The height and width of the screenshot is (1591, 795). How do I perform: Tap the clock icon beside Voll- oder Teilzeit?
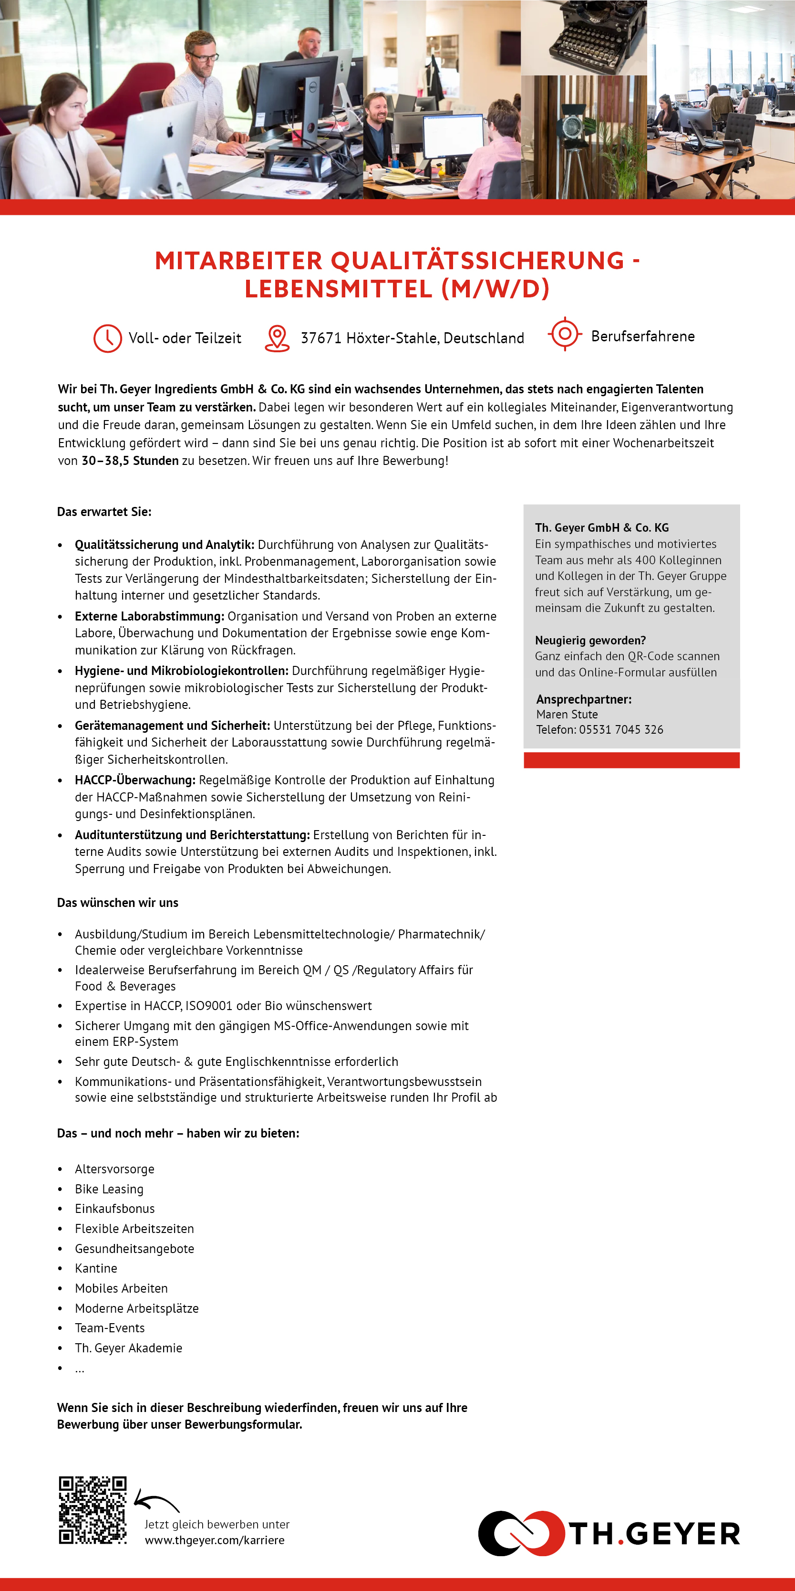(107, 338)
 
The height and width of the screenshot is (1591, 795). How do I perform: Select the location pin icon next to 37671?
(277, 338)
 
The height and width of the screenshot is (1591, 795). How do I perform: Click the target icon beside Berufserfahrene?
(564, 334)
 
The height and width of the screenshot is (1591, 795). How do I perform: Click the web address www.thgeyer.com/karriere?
(214, 1540)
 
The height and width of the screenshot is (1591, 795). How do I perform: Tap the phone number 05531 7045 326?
(621, 729)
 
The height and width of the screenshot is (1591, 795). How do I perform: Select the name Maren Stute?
(567, 714)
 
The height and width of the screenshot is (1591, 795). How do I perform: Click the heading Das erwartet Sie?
(103, 511)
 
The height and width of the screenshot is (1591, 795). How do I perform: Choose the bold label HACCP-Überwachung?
(135, 780)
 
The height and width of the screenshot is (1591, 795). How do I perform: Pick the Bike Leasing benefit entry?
(109, 1189)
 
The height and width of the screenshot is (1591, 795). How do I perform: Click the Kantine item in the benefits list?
(96, 1268)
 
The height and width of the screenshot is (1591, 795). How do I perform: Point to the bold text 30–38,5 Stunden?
(130, 461)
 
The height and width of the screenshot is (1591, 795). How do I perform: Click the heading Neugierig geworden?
(590, 641)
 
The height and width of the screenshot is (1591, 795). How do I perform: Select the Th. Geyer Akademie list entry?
(128, 1348)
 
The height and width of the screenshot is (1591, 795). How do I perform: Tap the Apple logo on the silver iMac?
(170, 130)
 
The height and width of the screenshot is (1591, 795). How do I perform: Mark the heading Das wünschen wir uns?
(117, 902)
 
